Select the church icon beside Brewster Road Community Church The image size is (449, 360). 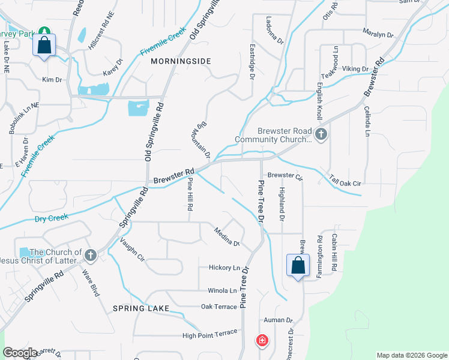coord(321,134)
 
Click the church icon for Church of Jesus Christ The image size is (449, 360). coord(91,255)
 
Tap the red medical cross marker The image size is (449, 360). coord(262,341)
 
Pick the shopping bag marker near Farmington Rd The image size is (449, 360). coord(298,265)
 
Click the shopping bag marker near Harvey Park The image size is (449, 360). coord(44,45)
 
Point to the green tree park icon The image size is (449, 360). coord(44,31)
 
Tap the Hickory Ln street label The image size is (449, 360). coord(224,268)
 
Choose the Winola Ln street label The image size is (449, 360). coord(221,291)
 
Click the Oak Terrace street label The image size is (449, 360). coord(219,307)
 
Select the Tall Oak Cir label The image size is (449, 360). coord(345,180)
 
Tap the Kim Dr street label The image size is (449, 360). coord(52,80)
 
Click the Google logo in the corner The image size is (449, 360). coord(20,353)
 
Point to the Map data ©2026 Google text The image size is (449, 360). coord(412,355)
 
